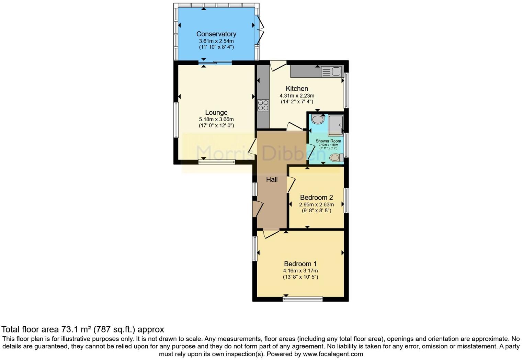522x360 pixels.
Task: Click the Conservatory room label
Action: click(x=216, y=34)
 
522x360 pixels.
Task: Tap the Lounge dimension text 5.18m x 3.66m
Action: click(x=216, y=119)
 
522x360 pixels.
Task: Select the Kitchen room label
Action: click(x=297, y=89)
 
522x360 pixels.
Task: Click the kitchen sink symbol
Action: click(x=332, y=71)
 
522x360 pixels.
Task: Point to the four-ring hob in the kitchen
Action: click(x=263, y=105)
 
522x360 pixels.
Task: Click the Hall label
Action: click(x=272, y=179)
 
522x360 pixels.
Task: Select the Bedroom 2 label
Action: click(x=316, y=198)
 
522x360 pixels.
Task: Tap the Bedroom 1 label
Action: click(x=300, y=264)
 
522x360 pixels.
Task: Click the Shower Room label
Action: click(x=328, y=141)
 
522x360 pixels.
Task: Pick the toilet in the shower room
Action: click(x=336, y=158)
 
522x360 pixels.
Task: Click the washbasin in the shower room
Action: click(x=318, y=120)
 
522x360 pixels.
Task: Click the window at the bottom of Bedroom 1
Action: click(x=303, y=299)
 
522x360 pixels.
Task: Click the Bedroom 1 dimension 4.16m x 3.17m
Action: click(x=300, y=271)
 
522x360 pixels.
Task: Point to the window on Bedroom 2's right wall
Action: click(x=346, y=200)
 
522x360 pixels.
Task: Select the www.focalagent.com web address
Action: click(x=332, y=354)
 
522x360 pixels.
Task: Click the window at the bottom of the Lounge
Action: click(x=217, y=162)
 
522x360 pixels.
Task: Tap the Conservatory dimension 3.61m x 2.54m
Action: click(x=216, y=41)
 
